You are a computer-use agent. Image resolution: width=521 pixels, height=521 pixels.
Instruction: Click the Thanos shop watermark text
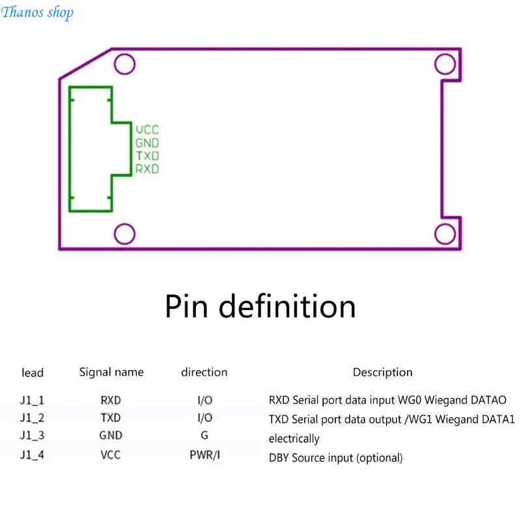[37, 12]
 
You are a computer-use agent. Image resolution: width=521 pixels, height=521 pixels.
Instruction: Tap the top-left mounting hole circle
[124, 54]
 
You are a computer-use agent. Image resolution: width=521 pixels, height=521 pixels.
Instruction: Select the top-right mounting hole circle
[445, 54]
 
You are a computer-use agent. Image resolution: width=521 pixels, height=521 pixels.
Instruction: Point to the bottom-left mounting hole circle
[124, 224]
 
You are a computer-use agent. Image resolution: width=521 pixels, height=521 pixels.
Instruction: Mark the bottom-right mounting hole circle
[445, 224]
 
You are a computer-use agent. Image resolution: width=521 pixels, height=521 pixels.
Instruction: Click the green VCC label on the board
[147, 130]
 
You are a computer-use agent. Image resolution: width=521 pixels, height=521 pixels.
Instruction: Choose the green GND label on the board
[147, 143]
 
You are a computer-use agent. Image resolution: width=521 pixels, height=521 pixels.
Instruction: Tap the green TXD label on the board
[147, 156]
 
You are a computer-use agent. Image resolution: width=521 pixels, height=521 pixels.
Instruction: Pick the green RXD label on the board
[147, 169]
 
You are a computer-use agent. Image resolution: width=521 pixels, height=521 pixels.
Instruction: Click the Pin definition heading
[260, 306]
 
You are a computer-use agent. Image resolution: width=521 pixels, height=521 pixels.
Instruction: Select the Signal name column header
[111, 373]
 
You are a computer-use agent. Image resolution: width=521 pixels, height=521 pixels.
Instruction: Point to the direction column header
[204, 372]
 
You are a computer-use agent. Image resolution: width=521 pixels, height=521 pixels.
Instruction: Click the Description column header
[383, 373]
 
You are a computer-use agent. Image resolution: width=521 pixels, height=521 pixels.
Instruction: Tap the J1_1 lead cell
[32, 400]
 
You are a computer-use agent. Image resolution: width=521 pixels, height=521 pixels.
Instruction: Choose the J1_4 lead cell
[32, 454]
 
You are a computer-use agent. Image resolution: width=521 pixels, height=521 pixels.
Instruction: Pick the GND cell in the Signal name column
[111, 435]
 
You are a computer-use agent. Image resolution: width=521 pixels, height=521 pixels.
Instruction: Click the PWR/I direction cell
[204, 455]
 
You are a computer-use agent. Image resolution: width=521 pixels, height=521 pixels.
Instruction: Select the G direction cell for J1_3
[204, 435]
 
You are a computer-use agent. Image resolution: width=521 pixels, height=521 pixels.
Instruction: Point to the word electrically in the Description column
[294, 438]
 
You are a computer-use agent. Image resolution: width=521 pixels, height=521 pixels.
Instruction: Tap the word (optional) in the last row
[380, 458]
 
